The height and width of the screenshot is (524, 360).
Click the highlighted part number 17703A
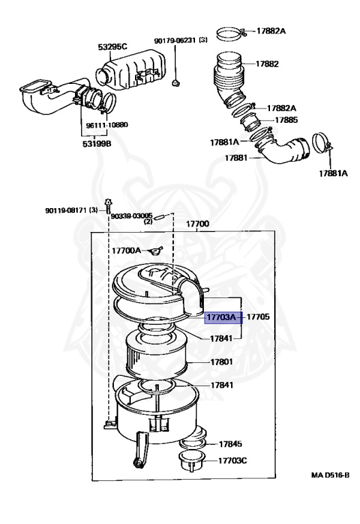221,317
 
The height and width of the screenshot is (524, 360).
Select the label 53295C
112,47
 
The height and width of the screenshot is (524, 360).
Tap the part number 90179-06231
175,41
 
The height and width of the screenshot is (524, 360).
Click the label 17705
258,317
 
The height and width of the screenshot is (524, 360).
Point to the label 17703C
232,461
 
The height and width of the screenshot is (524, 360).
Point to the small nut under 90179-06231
177,83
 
